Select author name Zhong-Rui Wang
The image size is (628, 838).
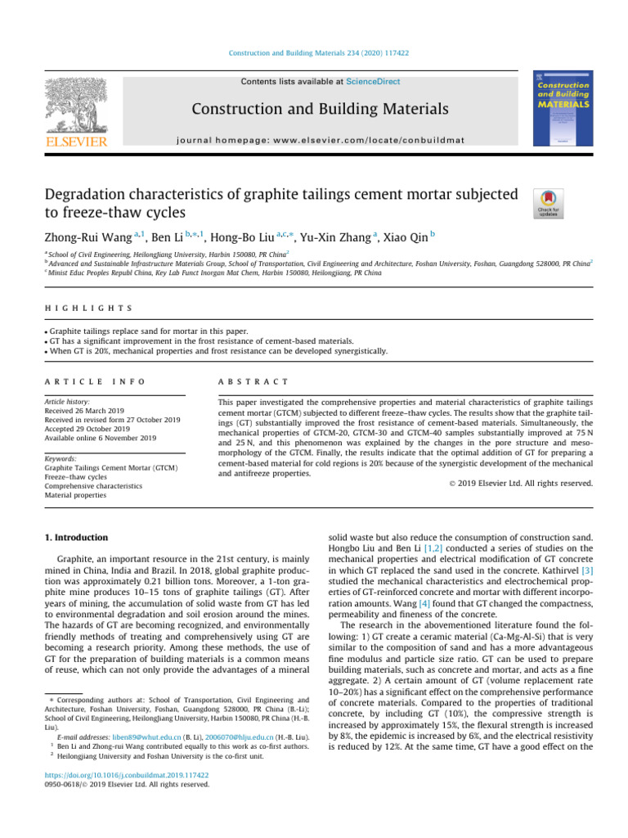tap(84, 236)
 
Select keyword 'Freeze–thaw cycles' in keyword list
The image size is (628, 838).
tap(80, 477)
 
